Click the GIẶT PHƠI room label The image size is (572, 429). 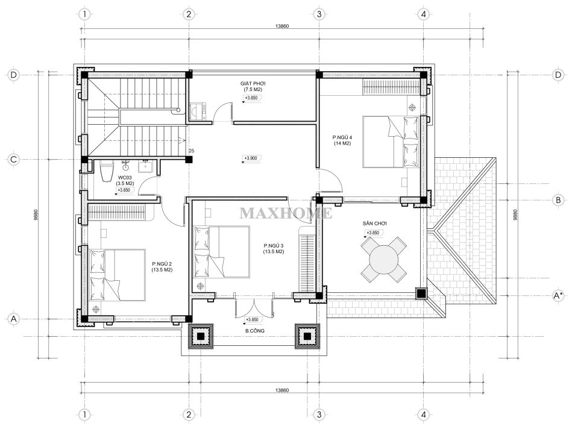[253, 86]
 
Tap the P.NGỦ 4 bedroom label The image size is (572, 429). [342, 140]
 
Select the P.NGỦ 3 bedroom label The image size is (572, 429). [274, 248]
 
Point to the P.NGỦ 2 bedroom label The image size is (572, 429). [162, 267]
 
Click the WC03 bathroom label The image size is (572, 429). [125, 181]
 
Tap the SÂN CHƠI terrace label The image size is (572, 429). [375, 224]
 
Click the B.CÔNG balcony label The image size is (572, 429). [254, 331]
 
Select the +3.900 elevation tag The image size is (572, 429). [251, 158]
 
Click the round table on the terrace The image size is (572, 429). [384, 259]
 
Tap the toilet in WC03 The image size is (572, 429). [107, 172]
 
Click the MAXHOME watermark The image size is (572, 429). [286, 213]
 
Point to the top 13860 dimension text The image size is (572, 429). [282, 26]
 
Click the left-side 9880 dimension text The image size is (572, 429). [36, 215]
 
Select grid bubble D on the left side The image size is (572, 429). [13, 75]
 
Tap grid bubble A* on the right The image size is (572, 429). [558, 295]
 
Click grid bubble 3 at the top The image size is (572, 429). [319, 14]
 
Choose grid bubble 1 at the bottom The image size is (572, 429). [84, 415]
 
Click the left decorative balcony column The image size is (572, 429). [201, 336]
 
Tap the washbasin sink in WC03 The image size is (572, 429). [145, 167]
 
